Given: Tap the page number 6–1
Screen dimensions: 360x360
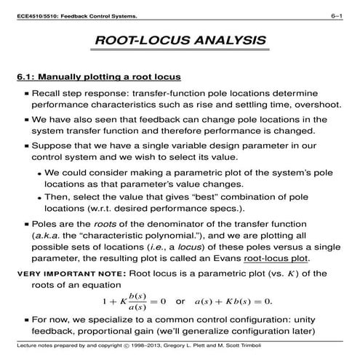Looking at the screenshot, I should (x=337, y=7).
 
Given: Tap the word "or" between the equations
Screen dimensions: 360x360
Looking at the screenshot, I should (x=181, y=301).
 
